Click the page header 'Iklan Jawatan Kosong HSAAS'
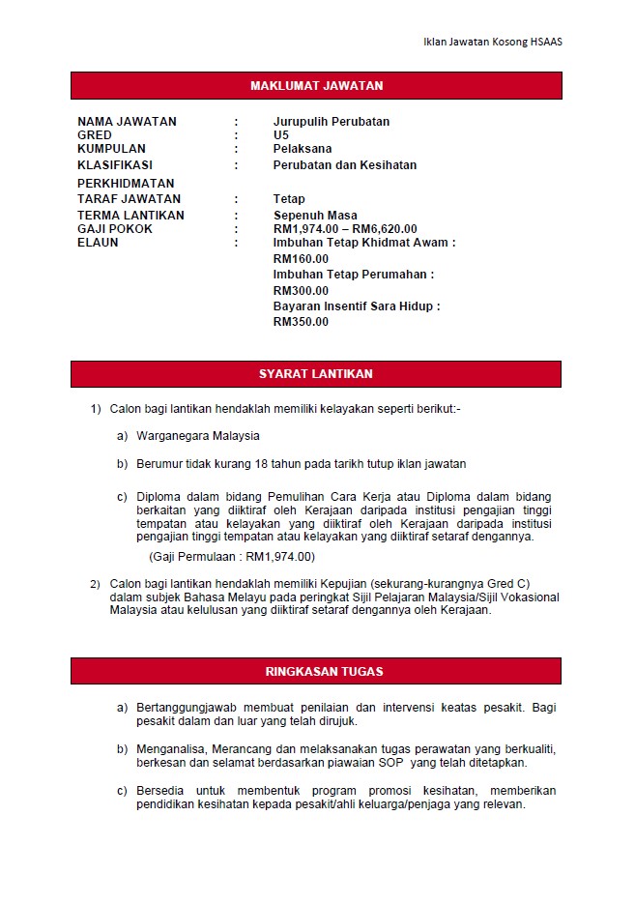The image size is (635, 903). point(493,42)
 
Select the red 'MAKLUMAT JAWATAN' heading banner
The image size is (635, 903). point(316,86)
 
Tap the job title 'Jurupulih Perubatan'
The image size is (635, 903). point(332,122)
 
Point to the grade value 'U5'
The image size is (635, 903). point(281,135)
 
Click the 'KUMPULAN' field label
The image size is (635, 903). point(111,149)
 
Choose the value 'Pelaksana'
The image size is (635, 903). point(303,149)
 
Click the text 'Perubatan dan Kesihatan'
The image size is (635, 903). point(345,165)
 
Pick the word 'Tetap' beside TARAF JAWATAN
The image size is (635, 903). point(289,199)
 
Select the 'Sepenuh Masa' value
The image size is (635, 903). point(315,216)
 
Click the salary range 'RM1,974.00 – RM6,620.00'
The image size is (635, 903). point(345,229)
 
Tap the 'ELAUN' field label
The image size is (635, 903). point(98,243)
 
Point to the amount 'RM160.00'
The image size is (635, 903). point(301,259)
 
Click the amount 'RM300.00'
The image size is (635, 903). point(301,291)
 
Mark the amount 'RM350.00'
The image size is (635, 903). point(301,322)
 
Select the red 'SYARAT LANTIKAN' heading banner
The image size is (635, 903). point(316,374)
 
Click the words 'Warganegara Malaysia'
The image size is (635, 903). point(198,436)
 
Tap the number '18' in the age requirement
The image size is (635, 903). point(261,464)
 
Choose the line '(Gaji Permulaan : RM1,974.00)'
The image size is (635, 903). point(232,557)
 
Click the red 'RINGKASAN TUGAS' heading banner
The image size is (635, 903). point(316,672)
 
